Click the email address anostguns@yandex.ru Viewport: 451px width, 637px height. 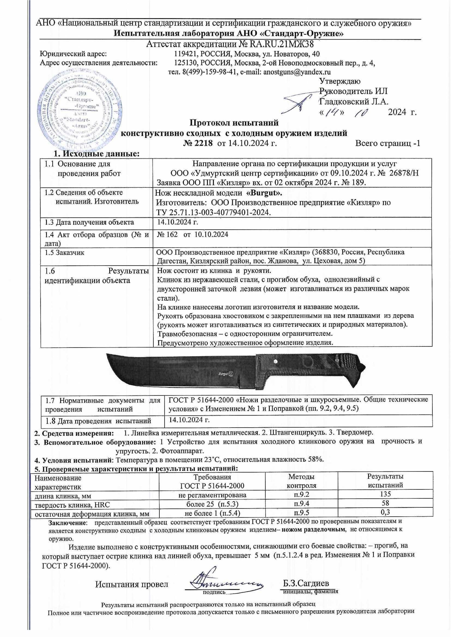pyautogui.click(x=297, y=72)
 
